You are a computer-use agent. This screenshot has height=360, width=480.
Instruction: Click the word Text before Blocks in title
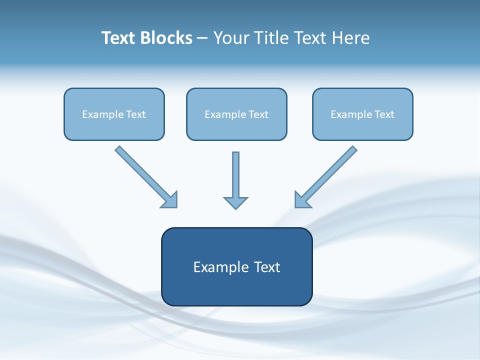[x=120, y=38]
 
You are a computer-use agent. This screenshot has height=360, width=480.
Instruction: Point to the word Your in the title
[x=230, y=38]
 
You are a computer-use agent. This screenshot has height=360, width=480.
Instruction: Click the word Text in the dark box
[x=267, y=267]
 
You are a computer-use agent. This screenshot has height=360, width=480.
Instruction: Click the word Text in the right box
[x=384, y=114]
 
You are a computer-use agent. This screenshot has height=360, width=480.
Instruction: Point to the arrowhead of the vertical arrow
[x=235, y=202]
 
